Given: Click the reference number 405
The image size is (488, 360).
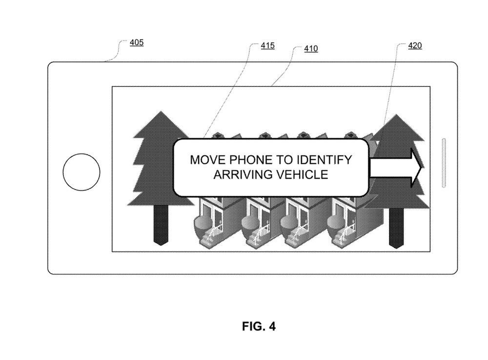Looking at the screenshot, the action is point(137,42).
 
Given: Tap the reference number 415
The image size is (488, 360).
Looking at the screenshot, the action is point(267,45).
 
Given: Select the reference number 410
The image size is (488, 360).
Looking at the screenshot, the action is point(311,48).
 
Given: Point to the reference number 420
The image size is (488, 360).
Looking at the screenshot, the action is point(415,45).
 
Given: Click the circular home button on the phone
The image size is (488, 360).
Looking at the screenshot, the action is point(81,172).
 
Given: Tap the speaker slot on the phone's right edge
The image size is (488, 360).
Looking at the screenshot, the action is point(444,163).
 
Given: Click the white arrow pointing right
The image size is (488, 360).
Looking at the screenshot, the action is point(395,168).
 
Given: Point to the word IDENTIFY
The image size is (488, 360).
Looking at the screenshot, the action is point(324,160).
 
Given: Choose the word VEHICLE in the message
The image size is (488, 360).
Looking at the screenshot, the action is point(302,174).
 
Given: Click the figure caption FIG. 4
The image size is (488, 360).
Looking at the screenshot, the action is point(259,326).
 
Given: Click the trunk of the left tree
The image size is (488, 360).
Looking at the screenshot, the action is point(161,225).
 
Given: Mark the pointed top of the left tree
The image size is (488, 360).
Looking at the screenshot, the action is point(161,111).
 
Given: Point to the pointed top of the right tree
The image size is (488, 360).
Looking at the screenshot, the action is point(396,114).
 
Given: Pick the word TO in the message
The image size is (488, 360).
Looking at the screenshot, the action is point(285,160).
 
